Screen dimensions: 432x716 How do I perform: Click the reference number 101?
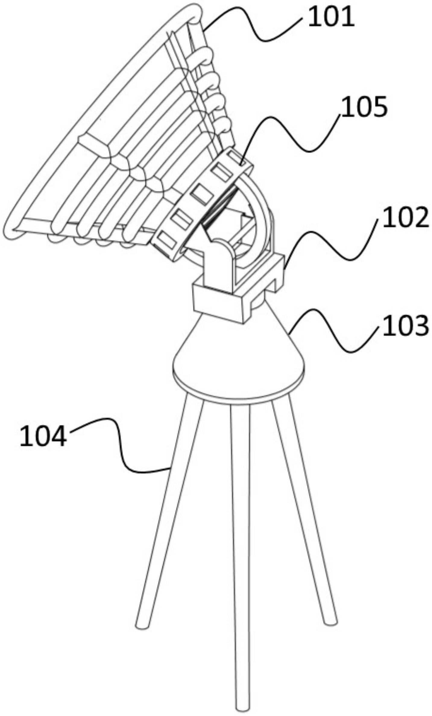(331, 18)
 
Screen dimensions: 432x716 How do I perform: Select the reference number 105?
(364, 107)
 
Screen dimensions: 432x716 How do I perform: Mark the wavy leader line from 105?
(291, 134)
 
